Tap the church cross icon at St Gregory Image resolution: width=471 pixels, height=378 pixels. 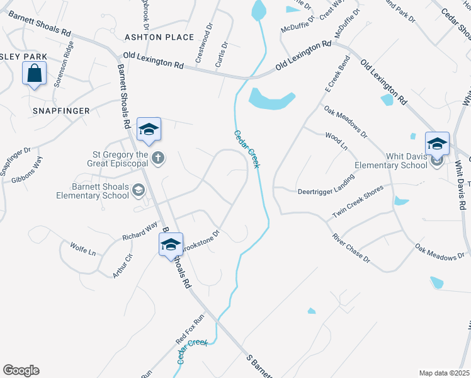pyautogui.click(x=159, y=159)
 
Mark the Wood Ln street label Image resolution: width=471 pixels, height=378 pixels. pyautogui.click(x=336, y=140)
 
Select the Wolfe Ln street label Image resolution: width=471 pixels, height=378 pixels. pyautogui.click(x=83, y=249)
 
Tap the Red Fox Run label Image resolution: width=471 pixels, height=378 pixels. pyautogui.click(x=191, y=329)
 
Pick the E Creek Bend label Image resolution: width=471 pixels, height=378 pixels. pyautogui.click(x=337, y=75)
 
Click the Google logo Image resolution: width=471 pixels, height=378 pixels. pyautogui.click(x=21, y=370)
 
